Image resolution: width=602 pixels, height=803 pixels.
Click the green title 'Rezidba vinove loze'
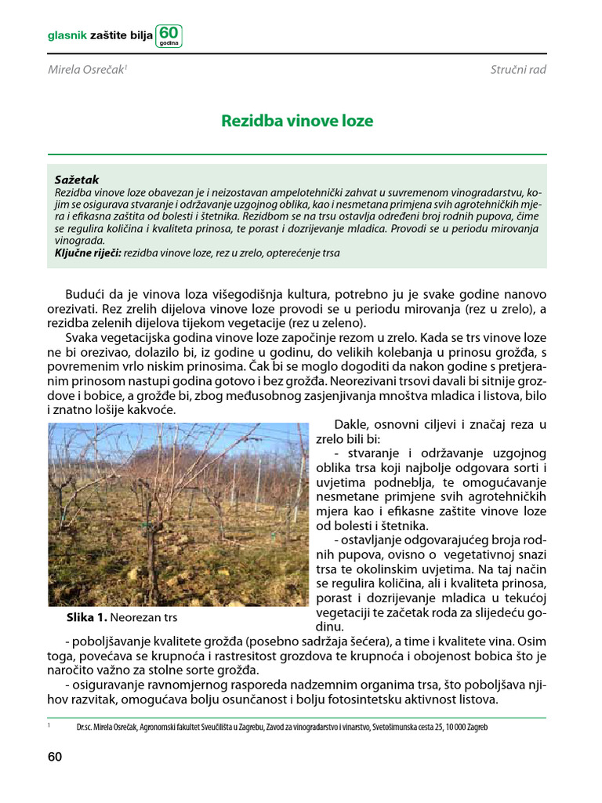click(x=297, y=122)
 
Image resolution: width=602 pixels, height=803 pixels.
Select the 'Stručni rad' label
click(x=518, y=70)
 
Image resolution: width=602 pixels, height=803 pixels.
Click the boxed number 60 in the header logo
click(x=169, y=33)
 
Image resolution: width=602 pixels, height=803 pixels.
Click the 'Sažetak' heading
click(x=77, y=180)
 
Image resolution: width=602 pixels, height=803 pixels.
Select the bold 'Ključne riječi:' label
click(x=88, y=253)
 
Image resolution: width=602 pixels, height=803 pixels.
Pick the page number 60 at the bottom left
click(x=55, y=757)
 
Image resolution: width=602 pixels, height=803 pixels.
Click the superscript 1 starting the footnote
click(x=49, y=725)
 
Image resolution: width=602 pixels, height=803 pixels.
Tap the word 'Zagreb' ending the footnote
click(x=475, y=727)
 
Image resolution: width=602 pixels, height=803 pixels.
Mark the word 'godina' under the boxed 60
click(x=169, y=44)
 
